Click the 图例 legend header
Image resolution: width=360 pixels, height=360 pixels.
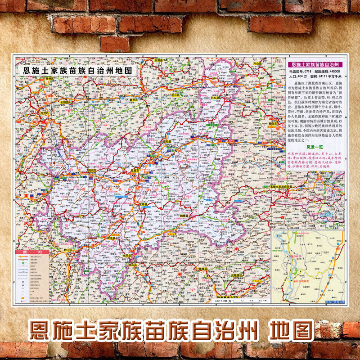(32, 252)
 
